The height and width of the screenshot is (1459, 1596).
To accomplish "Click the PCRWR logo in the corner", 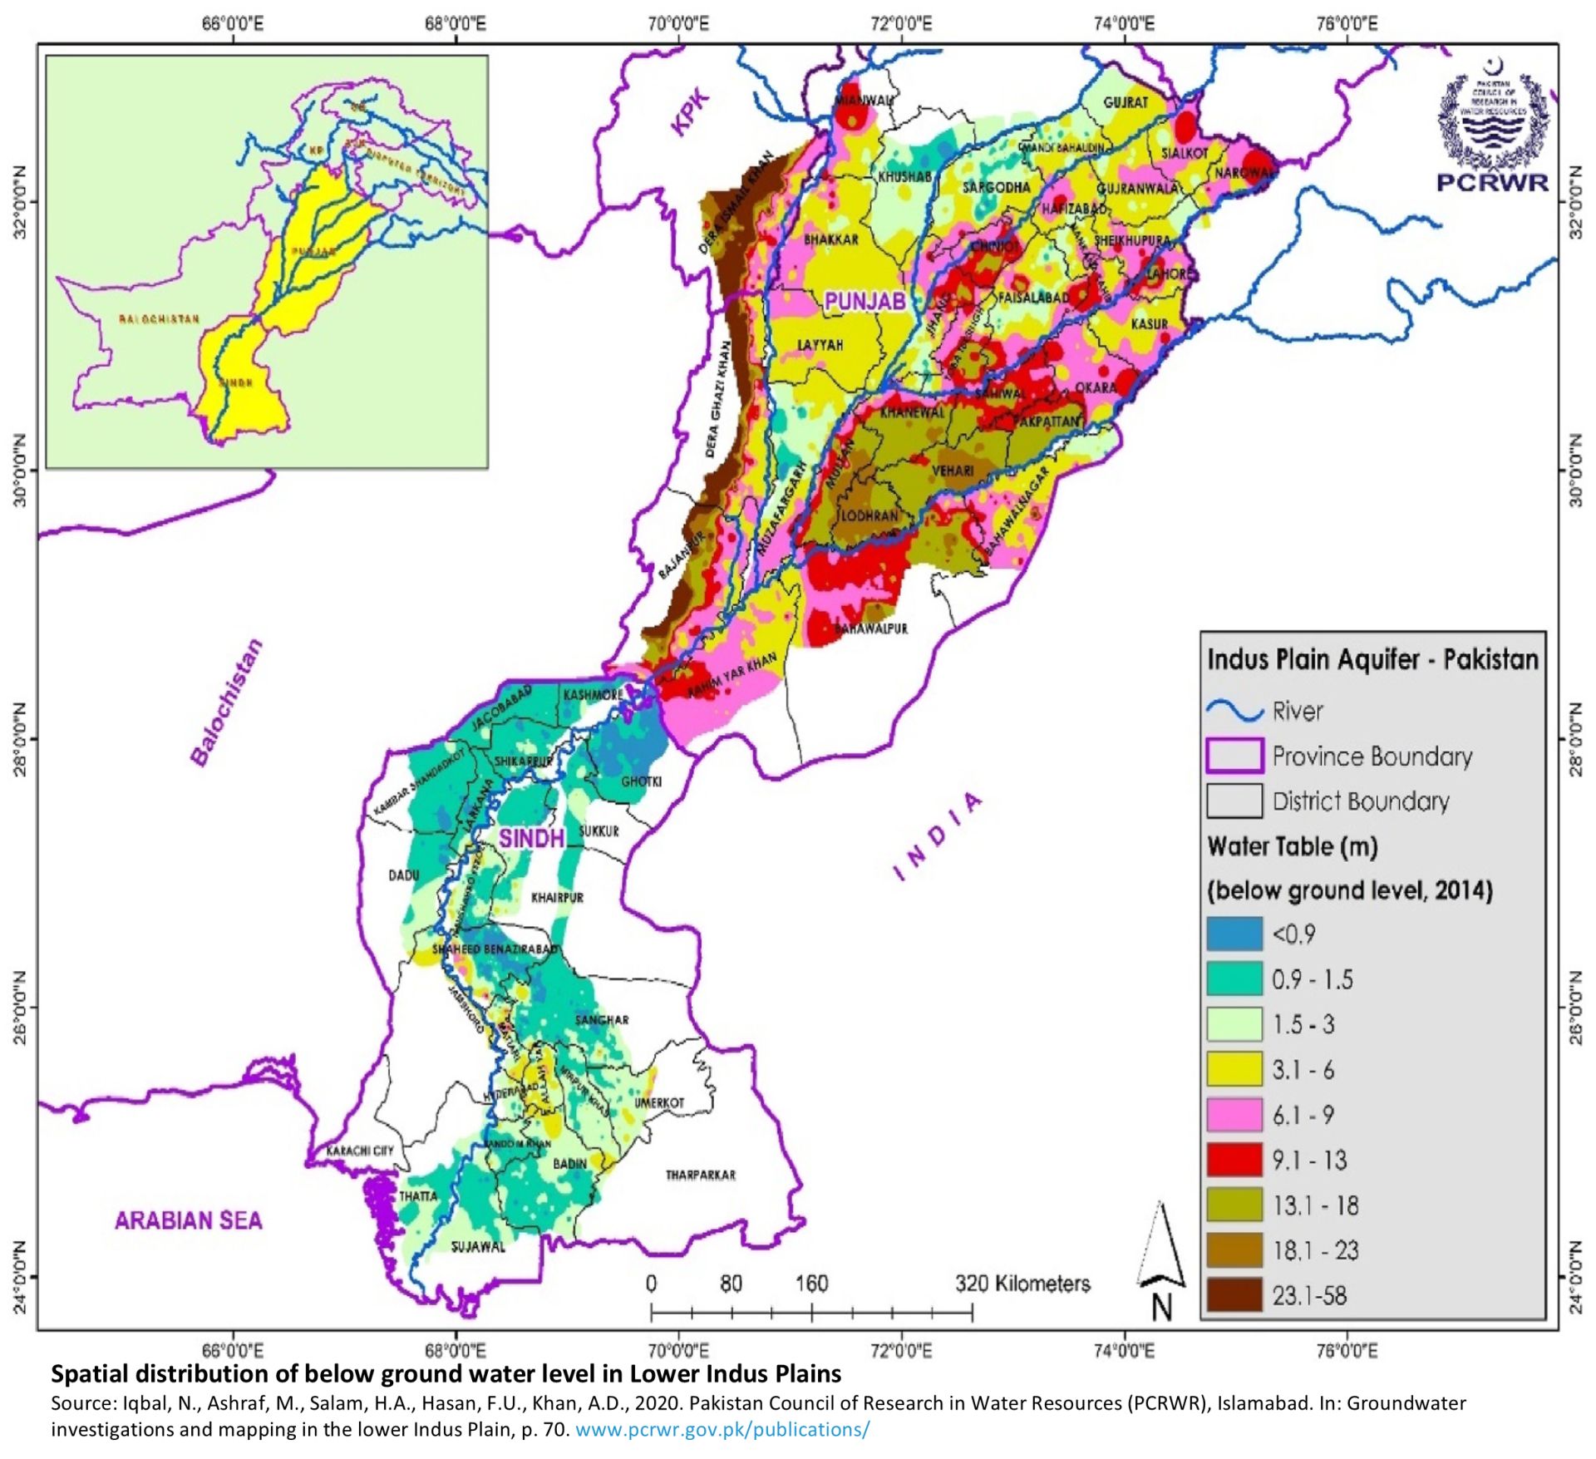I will pos(1493,125).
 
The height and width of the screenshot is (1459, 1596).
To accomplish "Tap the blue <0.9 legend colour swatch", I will pos(1234,934).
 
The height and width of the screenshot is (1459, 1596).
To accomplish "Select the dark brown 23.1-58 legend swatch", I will pos(1234,1295).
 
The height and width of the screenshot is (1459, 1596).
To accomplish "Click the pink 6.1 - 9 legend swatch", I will pos(1234,1115).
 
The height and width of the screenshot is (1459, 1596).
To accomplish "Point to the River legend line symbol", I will pos(1234,711).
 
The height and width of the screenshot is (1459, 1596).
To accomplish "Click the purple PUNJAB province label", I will pos(864,301).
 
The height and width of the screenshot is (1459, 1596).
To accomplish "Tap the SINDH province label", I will pos(531,838).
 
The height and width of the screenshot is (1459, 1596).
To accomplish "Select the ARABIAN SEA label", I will pos(189,1220).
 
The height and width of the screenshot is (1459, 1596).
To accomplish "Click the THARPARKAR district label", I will pos(700,1175).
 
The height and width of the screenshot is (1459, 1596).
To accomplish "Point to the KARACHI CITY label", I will pos(359,1151).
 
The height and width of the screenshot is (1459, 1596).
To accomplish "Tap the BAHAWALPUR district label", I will pos(871,628).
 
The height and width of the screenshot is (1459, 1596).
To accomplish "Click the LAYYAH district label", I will pos(820,344).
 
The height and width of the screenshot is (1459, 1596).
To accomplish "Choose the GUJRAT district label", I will pos(1126,102).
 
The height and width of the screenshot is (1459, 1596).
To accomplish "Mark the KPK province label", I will pos(691,112).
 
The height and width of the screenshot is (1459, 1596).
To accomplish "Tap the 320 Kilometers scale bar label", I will pos(1022,1284).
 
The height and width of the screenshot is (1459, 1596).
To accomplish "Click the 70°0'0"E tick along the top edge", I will pos(678,24).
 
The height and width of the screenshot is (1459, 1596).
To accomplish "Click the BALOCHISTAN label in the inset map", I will pos(159,319).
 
